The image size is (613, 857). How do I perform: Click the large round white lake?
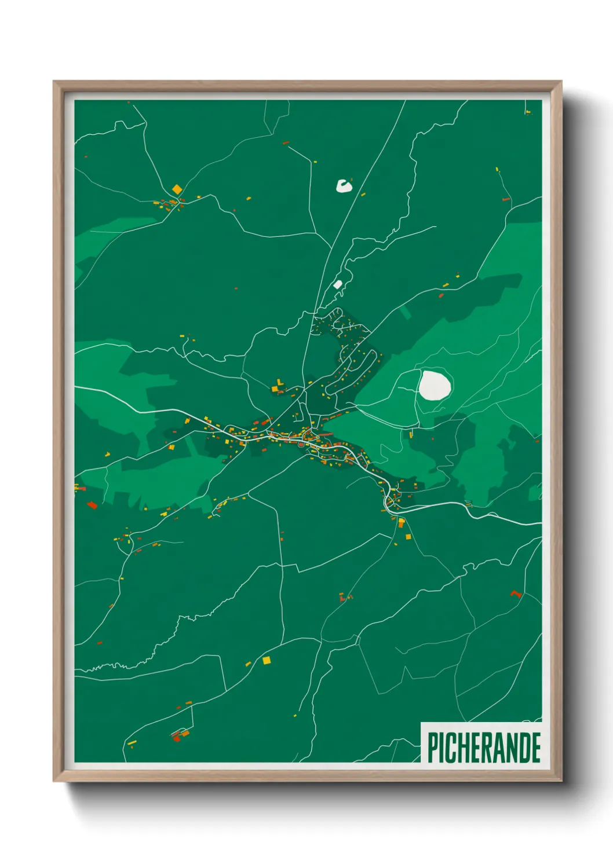pos(435,384)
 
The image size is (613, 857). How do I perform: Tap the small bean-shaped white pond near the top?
pos(344,186)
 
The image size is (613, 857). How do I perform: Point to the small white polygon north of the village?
pos(338,284)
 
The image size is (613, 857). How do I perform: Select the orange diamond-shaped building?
pos(177,189)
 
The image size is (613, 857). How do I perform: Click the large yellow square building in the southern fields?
pos(267,660)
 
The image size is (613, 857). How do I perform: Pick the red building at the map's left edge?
pos(92,505)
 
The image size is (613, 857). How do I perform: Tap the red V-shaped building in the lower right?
pos(515,594)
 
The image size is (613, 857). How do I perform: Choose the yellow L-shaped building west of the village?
pos(279,383)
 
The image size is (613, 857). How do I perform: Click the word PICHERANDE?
pos(484,748)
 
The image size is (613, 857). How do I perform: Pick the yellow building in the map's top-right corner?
pos(528,112)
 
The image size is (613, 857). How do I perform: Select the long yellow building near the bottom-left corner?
pos(132,742)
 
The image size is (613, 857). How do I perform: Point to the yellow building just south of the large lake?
pos(411,434)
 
